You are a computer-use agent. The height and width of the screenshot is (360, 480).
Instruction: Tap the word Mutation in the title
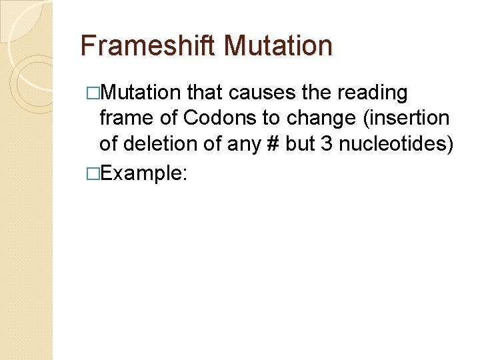click(279, 45)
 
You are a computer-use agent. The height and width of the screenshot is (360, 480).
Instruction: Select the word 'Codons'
click(220, 118)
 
